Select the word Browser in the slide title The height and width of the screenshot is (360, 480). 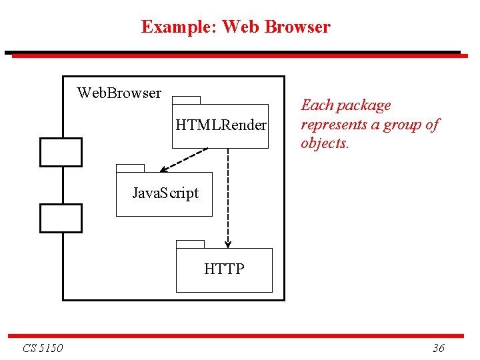coord(297,27)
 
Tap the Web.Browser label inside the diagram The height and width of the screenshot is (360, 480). coord(119,93)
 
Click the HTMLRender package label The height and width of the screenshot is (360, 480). coord(221,125)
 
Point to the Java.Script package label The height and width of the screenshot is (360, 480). coord(165,193)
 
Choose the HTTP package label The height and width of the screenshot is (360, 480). coord(224,269)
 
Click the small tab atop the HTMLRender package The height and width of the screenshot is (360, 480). coord(186,100)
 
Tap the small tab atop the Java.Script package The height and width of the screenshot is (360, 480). coord(130,168)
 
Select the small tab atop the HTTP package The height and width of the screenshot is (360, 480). coord(190,243)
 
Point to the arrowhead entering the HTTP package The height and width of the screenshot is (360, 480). coord(228,244)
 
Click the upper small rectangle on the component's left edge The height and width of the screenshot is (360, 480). coord(61,152)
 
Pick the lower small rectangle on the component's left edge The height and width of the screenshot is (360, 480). coord(61,219)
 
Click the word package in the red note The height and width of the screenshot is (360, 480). coord(365,105)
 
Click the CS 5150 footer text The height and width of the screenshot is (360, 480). coord(43,348)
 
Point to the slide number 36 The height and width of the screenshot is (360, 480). coord(439,348)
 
